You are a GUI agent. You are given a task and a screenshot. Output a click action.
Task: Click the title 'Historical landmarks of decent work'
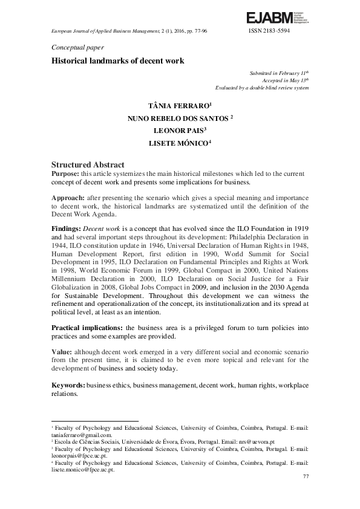117,61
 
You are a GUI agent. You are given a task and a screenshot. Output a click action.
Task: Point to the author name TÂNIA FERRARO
179,105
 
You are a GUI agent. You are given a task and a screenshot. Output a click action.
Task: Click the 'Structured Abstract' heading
88,164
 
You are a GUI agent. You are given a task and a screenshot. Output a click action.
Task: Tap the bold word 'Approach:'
68,198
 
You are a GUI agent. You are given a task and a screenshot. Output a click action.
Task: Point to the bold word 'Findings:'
66,230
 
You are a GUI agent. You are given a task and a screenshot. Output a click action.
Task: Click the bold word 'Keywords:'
68,384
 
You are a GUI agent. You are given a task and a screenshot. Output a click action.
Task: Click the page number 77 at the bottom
305,477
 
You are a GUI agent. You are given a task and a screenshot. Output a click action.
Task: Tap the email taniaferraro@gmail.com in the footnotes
82,435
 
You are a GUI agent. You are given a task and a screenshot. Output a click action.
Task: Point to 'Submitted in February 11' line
279,73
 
